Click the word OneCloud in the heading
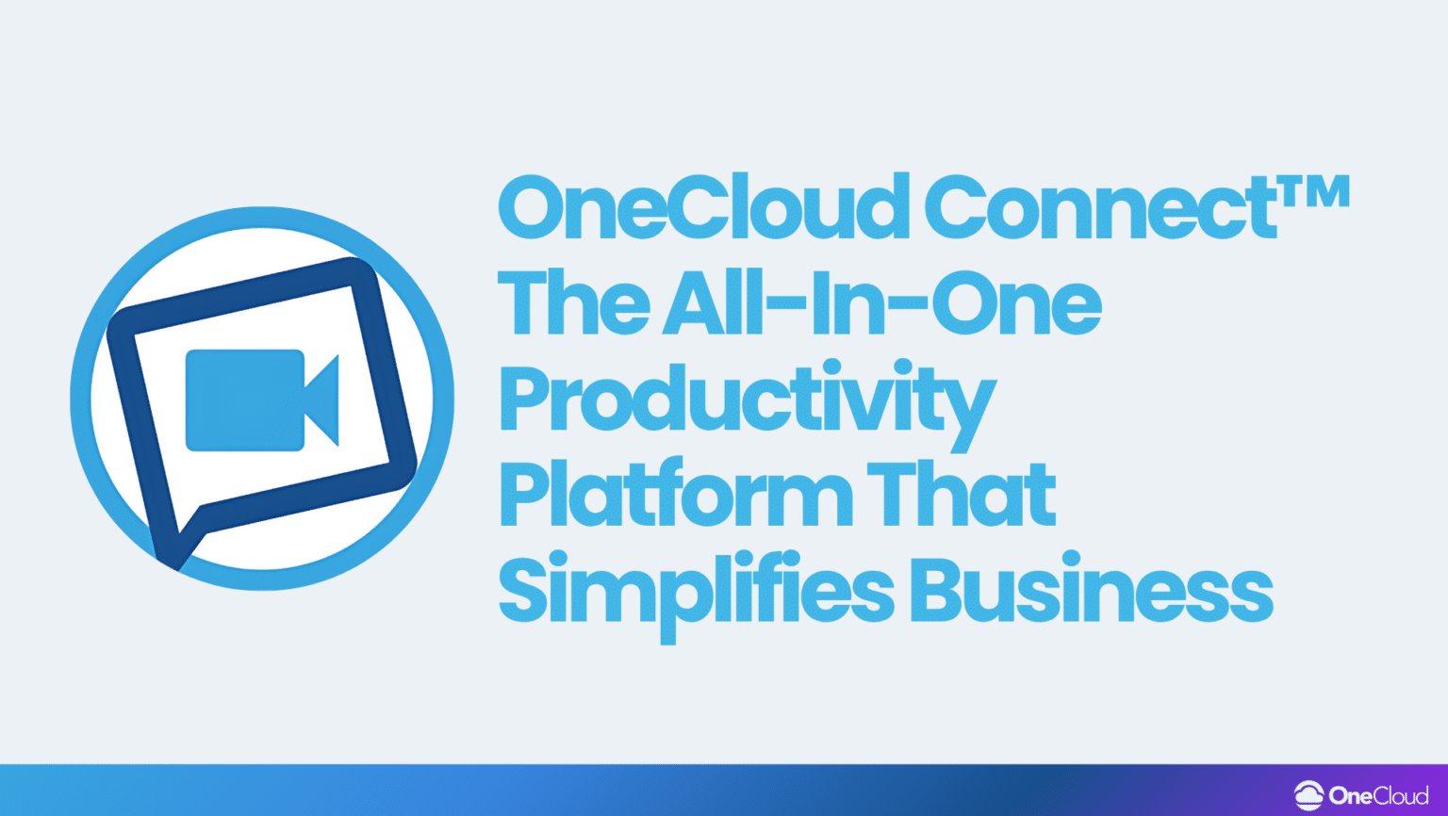click(x=702, y=208)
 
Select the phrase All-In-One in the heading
click(x=881, y=303)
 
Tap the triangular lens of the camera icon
click(x=323, y=400)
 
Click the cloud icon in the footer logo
click(x=1308, y=795)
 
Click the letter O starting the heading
click(x=531, y=208)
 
